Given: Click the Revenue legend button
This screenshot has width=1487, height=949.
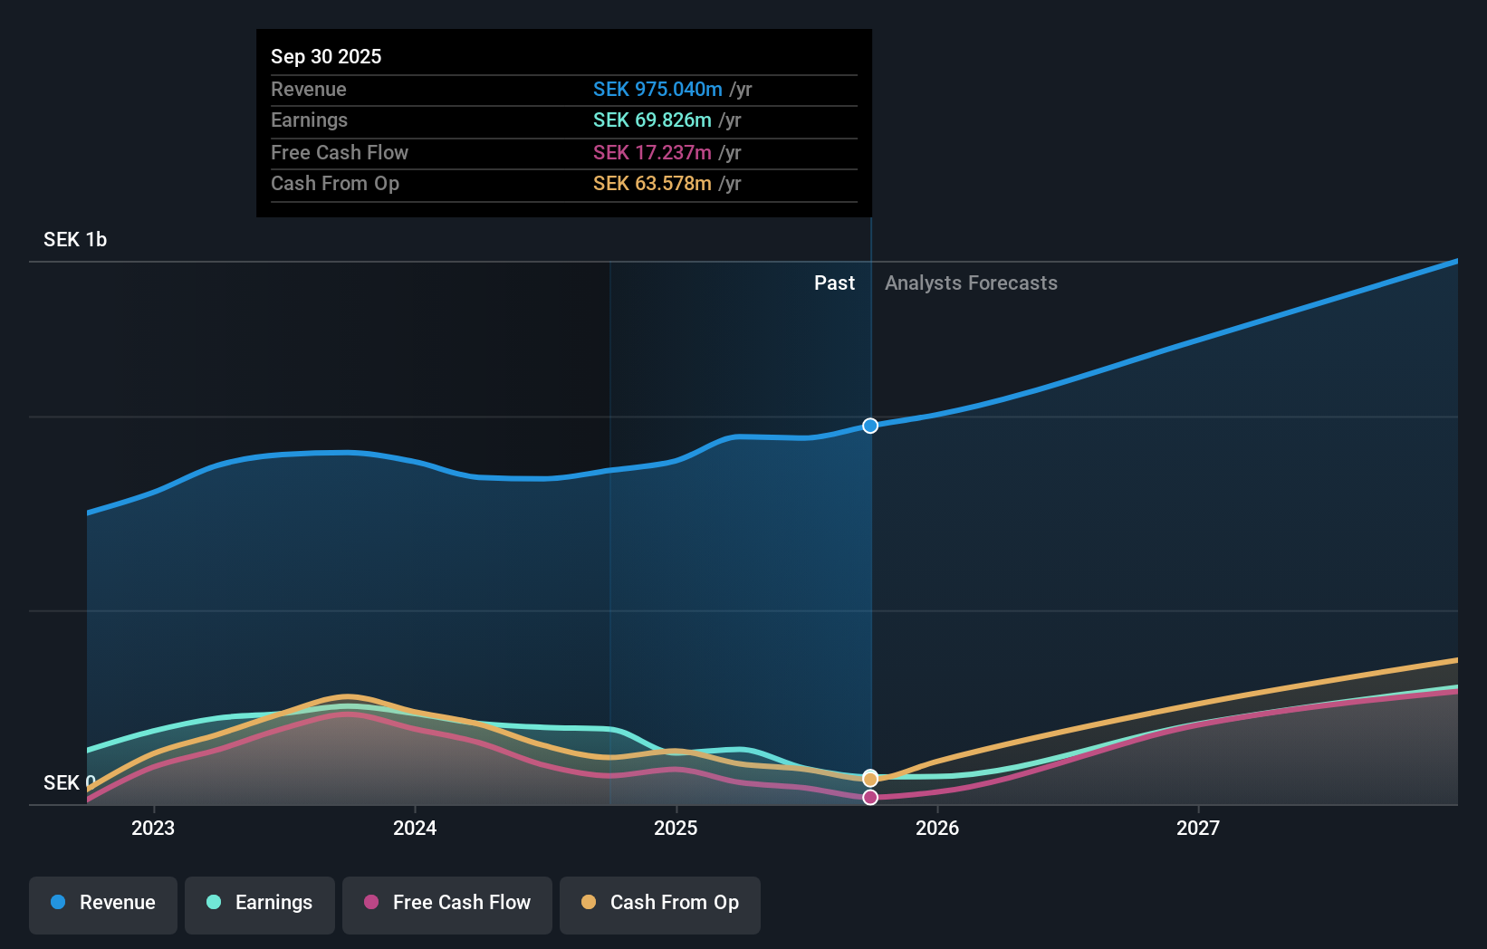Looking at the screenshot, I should tap(103, 904).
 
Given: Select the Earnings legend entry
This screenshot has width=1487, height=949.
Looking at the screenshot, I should tap(260, 904).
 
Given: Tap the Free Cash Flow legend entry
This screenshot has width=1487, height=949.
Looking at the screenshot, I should tap(447, 904).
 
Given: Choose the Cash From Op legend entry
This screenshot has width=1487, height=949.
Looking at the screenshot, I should tap(660, 904).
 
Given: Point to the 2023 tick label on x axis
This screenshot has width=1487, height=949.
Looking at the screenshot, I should tap(153, 828).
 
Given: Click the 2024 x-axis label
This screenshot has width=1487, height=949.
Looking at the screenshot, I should tap(415, 828).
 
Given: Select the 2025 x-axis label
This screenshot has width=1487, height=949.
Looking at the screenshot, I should tap(676, 828).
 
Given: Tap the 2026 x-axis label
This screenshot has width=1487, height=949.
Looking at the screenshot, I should tap(937, 828).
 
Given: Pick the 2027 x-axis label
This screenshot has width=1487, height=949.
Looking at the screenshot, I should tap(1198, 828).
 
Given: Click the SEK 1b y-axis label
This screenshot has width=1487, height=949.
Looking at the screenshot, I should tap(75, 240).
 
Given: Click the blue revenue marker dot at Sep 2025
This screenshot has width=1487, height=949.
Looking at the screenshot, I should tap(870, 426).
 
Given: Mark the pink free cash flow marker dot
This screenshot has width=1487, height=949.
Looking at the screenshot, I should tap(870, 798).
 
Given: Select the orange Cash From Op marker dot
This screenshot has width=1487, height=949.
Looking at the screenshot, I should tap(870, 779).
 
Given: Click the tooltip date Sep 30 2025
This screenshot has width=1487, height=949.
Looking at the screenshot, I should tap(326, 56).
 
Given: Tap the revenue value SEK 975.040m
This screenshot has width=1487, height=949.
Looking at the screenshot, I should tap(657, 90).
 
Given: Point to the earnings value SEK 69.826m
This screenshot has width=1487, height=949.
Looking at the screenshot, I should tap(652, 120).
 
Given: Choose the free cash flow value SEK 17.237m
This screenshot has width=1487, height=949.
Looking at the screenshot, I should tap(652, 153).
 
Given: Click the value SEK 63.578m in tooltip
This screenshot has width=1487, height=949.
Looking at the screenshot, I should tap(652, 184).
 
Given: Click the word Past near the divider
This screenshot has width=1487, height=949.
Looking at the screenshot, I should tap(834, 283).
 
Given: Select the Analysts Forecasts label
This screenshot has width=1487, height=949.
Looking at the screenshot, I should tap(971, 283).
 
